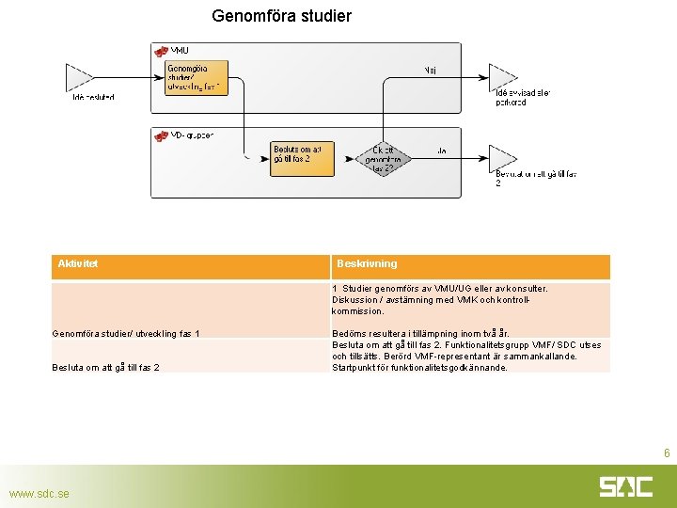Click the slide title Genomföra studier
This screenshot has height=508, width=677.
[x=281, y=16]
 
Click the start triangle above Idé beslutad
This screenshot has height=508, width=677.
[x=78, y=77]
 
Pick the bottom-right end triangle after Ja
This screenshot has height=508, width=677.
[x=502, y=157]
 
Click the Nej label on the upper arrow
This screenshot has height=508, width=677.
[x=430, y=70]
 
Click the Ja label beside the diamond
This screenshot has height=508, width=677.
[x=441, y=150]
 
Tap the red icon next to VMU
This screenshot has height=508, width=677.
[x=161, y=51]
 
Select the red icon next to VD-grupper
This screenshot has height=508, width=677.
[x=161, y=135]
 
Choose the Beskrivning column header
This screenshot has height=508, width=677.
[x=367, y=264]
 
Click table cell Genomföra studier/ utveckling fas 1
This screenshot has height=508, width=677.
[x=125, y=333]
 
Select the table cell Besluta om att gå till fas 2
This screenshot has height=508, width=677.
[x=105, y=367]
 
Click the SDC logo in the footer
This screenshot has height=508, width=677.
[x=625, y=486]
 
